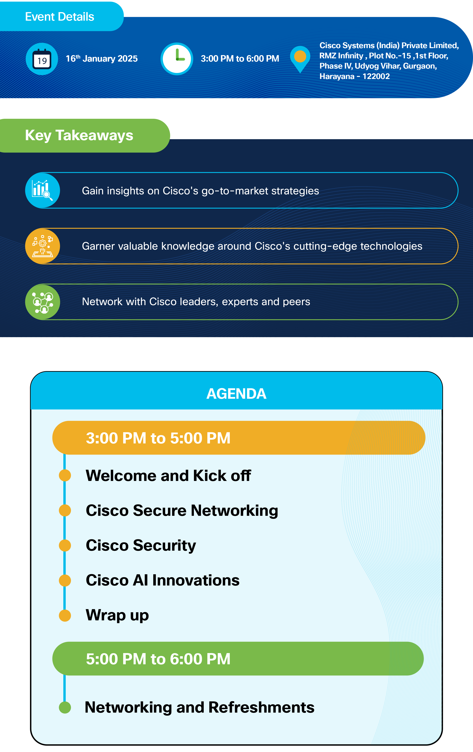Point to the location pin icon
pos(300,59)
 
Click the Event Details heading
pos(60,16)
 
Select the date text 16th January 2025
pos(102,58)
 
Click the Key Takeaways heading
pos(79,135)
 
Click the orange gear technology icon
pos(42,246)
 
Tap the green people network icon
pos(42,302)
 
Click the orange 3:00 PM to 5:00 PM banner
pos(239,438)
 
